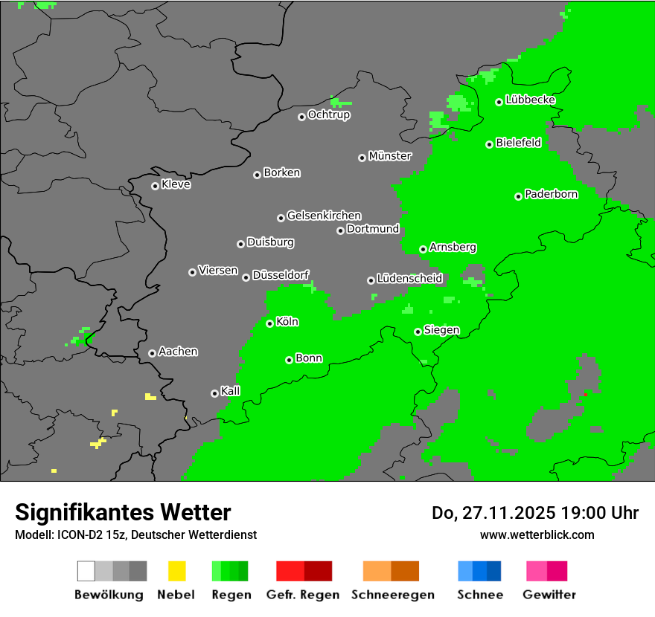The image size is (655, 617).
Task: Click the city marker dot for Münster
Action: [362, 158]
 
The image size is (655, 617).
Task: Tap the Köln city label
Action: [287, 322]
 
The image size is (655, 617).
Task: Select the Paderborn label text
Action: [551, 195]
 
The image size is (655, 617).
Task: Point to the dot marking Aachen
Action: [152, 353]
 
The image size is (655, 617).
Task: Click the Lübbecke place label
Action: [530, 100]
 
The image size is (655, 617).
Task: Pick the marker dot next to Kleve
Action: [155, 186]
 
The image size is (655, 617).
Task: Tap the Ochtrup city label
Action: [328, 115]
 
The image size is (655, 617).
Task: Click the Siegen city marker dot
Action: [418, 332]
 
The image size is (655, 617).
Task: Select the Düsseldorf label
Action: [281, 275]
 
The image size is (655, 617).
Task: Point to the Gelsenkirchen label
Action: [324, 216]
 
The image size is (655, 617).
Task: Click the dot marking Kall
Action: [214, 393]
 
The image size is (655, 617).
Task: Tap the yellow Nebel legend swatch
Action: [176, 571]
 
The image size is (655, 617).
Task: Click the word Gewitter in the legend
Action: [549, 595]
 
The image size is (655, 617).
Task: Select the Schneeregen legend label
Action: [393, 595]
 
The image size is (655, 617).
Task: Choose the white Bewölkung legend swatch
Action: [86, 571]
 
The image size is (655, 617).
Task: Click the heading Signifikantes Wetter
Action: [123, 512]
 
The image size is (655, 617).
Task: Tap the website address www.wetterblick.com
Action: [537, 534]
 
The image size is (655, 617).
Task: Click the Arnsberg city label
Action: [453, 248]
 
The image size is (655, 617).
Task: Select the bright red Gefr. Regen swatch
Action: [290, 571]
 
